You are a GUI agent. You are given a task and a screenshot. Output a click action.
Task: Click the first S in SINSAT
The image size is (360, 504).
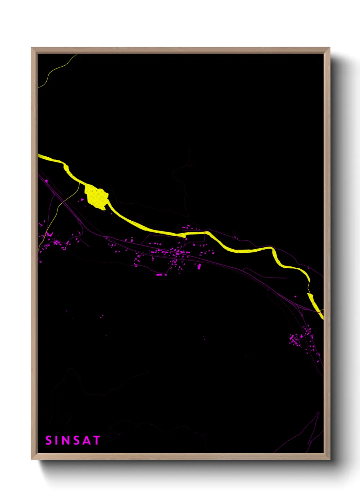click(48, 440)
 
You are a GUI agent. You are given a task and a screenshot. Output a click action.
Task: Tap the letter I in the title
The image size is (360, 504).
click(57, 440)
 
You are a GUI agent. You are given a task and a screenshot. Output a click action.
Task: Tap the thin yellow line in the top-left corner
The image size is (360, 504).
click(54, 70)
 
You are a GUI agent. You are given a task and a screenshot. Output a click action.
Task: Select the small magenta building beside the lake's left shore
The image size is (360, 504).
click(82, 200)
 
